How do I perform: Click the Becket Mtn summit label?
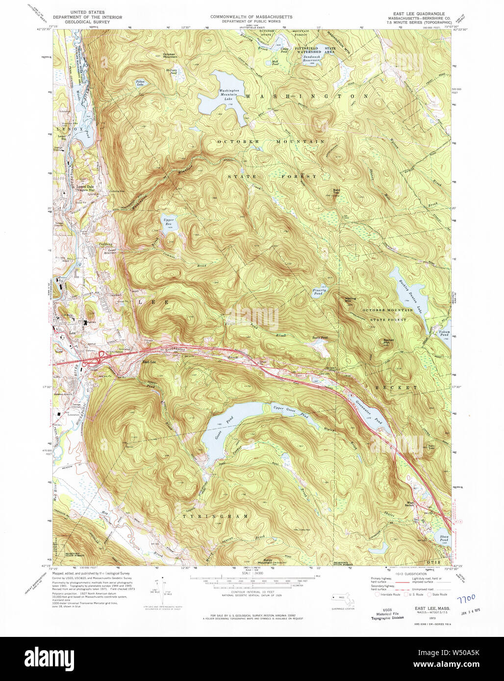(388, 341)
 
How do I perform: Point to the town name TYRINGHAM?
(216, 516)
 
